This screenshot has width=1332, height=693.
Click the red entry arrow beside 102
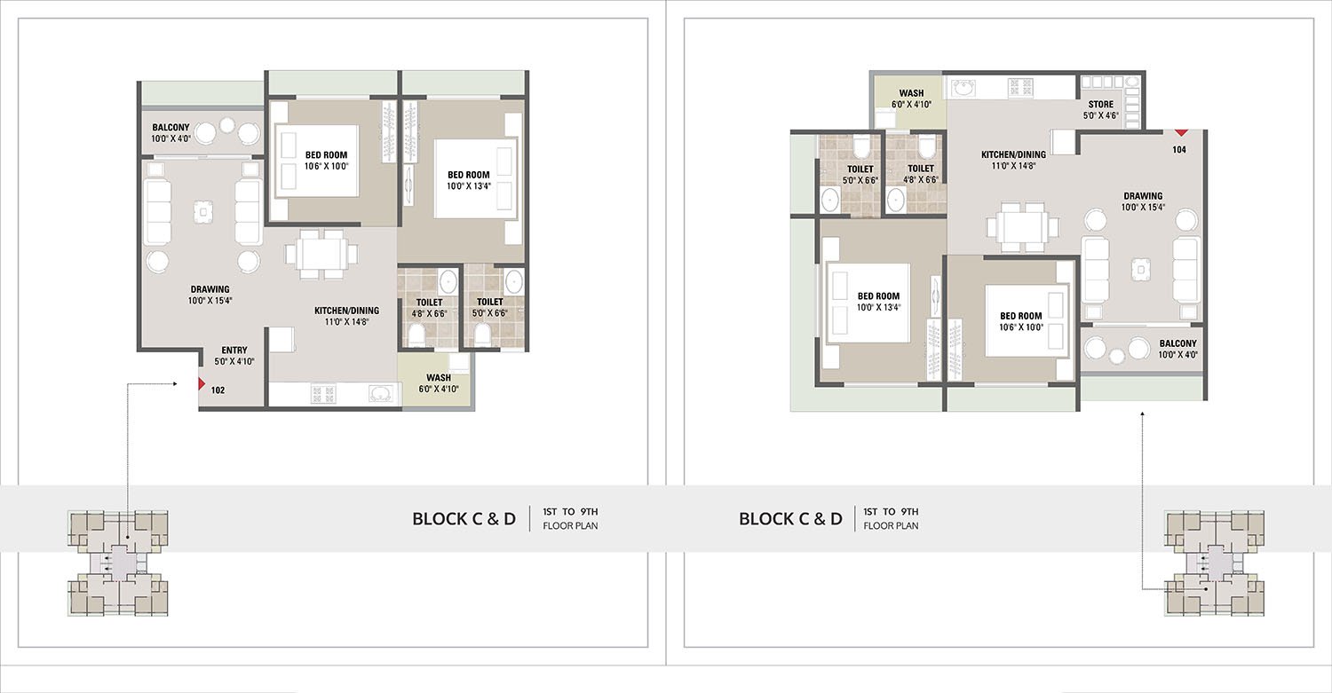[202, 384]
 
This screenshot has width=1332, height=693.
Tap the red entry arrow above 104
[1180, 132]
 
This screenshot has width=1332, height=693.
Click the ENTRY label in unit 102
[234, 350]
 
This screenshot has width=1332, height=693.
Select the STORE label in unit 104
[1101, 105]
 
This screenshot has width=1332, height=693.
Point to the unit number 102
[218, 390]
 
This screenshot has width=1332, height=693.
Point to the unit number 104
[1179, 150]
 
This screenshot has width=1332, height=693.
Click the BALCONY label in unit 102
[170, 127]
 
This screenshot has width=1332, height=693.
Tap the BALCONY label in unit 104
[1177, 343]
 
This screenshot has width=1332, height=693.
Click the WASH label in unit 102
[439, 378]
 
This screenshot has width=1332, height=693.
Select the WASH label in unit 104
[911, 93]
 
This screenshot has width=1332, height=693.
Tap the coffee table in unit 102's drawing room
[203, 211]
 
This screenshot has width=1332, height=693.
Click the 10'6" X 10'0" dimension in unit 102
[327, 167]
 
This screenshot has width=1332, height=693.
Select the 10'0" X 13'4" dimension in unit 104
[878, 307]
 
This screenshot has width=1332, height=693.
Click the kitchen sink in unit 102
[381, 393]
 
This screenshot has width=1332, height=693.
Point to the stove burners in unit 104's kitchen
[1020, 88]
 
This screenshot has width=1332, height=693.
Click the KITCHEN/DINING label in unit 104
[1013, 154]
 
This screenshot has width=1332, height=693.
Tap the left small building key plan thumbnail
[117, 563]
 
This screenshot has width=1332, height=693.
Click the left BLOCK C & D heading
[464, 519]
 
